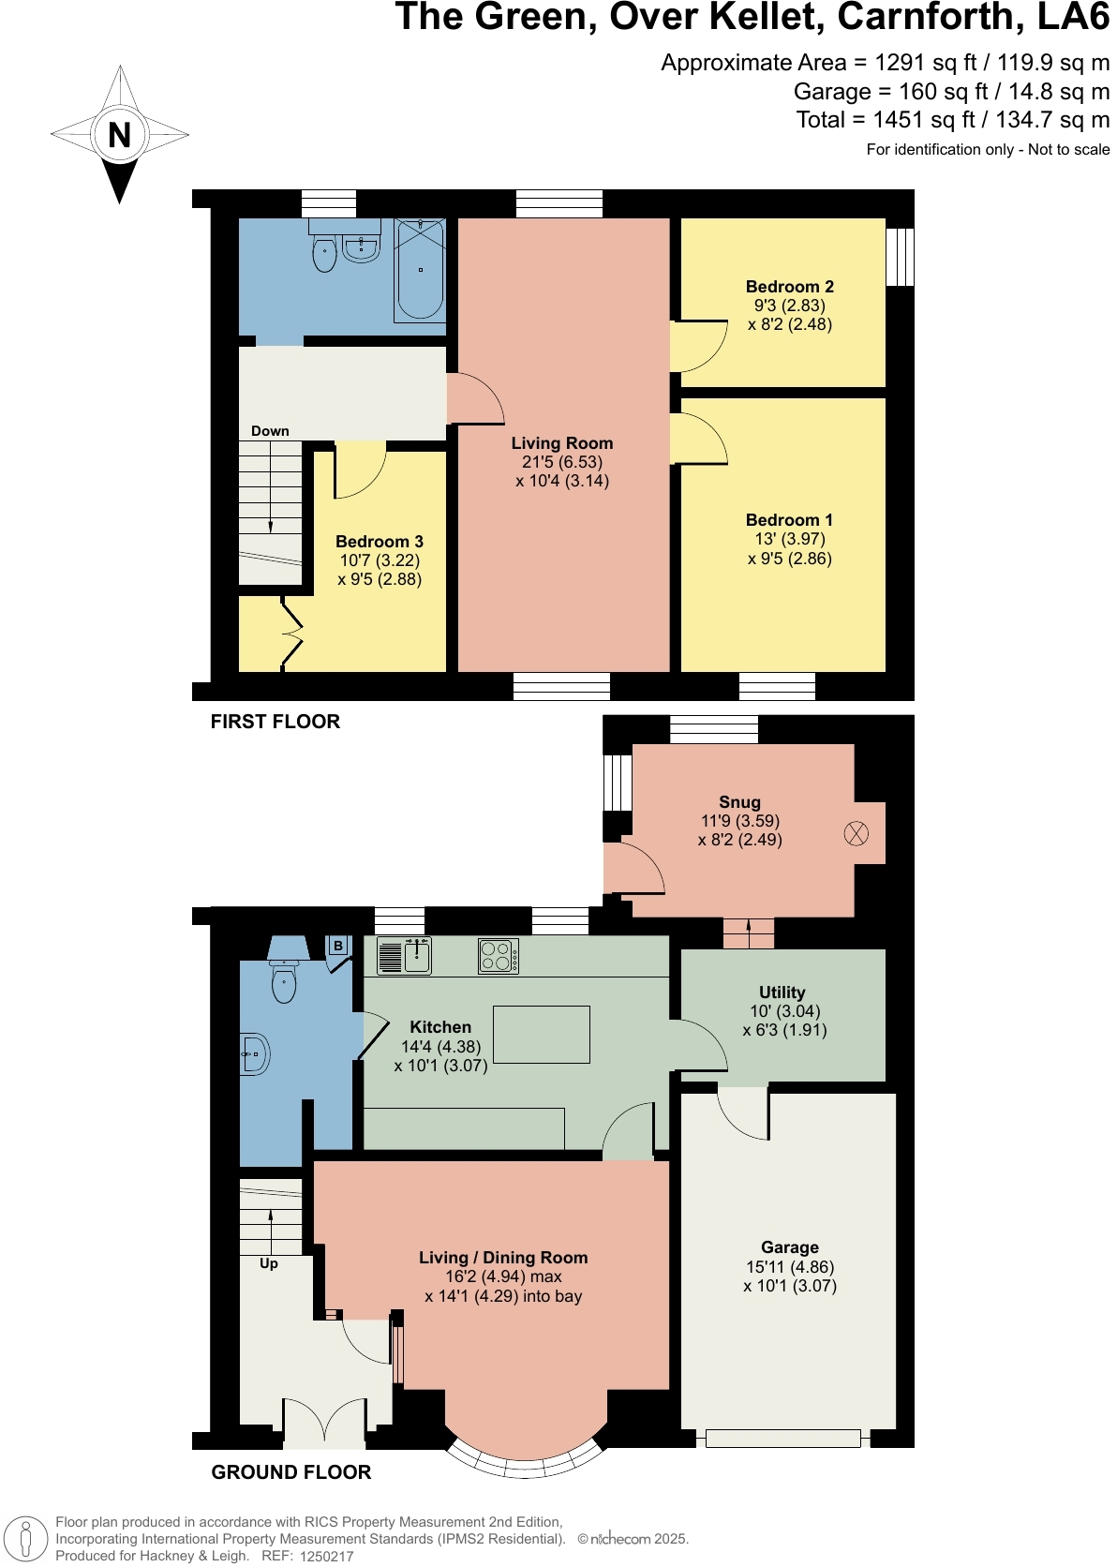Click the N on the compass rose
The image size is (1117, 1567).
point(119,135)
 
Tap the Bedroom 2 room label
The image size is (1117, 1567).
point(789,287)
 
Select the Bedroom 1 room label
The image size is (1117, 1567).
point(789,520)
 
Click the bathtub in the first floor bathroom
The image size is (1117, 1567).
point(420,270)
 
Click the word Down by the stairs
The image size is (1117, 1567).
point(270,431)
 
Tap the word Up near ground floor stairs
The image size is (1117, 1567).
point(269,1263)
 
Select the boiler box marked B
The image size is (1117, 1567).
point(338,946)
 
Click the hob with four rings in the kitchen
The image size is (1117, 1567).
point(498,956)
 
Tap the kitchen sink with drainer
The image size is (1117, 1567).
point(404,956)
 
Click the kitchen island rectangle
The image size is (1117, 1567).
point(542,1035)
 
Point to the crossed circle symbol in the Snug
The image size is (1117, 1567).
point(856,832)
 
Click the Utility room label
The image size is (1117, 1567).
point(782,992)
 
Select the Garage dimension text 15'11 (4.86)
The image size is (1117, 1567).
point(790,1267)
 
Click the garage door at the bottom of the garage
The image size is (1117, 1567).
point(782,1438)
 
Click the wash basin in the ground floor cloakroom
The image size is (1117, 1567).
point(254,1055)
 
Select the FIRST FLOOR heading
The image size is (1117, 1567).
point(275,722)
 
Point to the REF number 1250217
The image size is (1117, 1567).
point(326,1556)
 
